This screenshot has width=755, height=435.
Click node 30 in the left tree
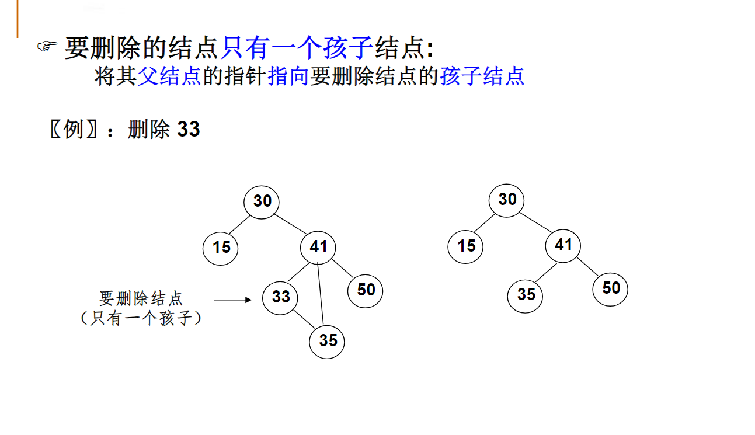(x=262, y=201)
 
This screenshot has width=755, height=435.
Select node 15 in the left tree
(x=221, y=247)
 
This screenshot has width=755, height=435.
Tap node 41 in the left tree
(x=318, y=247)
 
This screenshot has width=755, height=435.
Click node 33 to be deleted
(x=281, y=297)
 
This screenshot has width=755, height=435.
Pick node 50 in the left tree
(x=366, y=290)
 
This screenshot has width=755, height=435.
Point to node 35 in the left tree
(x=327, y=340)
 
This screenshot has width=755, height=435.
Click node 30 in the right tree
(x=507, y=200)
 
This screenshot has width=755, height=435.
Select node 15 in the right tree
(x=466, y=246)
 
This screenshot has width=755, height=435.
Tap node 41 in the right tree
(x=563, y=245)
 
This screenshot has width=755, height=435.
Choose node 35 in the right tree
(x=526, y=294)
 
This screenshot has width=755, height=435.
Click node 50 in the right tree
(x=610, y=288)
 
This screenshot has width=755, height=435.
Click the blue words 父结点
(x=169, y=76)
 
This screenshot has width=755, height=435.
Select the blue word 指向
(x=288, y=76)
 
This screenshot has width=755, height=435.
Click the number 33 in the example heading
(x=188, y=129)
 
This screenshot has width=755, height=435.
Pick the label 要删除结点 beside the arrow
(x=141, y=298)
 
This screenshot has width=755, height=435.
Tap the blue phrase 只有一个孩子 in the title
(x=297, y=47)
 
